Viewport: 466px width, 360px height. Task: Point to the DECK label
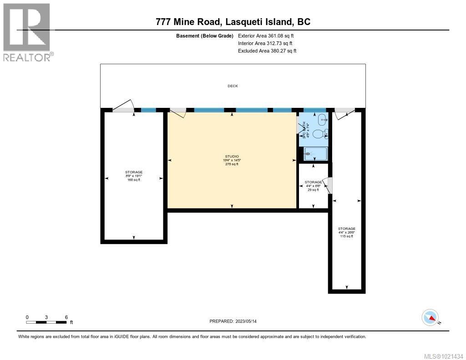233,86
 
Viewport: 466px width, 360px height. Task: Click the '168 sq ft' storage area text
134,180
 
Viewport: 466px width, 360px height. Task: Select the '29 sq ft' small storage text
314,190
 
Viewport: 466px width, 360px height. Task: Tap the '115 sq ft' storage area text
347,236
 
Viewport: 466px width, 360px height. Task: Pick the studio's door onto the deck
178,112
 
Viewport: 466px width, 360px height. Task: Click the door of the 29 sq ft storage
330,185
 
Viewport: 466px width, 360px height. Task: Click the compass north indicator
430,317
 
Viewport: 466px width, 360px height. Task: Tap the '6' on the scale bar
66,317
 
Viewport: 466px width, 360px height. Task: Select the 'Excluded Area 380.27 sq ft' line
267,51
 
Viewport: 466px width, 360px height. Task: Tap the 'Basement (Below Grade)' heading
204,36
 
